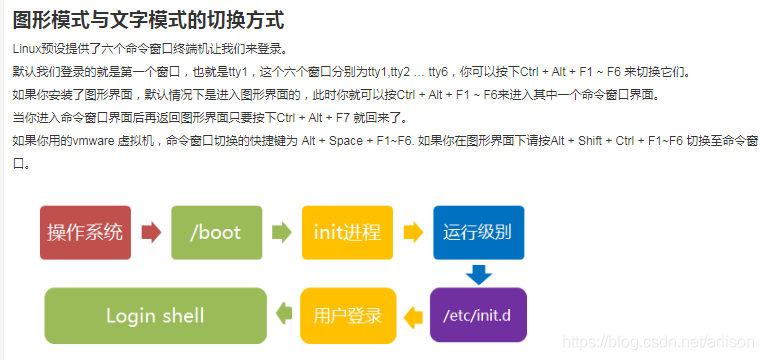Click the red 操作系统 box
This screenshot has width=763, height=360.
coord(85,232)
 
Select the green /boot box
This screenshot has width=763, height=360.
coord(216,232)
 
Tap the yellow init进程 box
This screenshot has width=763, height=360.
coord(347,232)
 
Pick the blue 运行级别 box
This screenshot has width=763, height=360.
coord(478,232)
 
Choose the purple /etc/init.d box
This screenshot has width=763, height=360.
coord(477,316)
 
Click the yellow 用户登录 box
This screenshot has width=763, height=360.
coord(347,316)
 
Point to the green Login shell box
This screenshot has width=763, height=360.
coord(155,316)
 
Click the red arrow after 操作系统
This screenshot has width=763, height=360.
coord(152,233)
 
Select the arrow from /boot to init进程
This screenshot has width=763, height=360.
coord(282,233)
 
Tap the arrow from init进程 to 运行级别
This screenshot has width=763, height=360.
coord(412,233)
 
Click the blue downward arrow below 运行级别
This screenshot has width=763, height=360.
coord(478,274)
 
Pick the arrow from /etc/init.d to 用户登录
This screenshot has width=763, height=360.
coord(412,317)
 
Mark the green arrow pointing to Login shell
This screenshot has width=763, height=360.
coord(283,317)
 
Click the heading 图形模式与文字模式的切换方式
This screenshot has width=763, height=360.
coord(148,19)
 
